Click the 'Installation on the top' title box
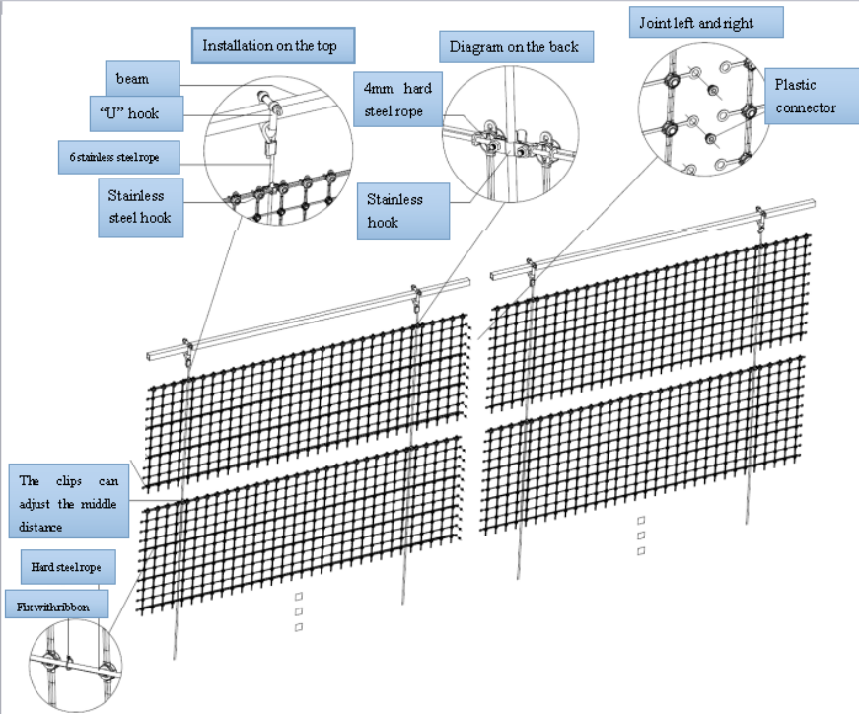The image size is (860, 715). tap(271, 46)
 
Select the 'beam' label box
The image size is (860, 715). tap(141, 76)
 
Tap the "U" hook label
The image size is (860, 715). tap(142, 113)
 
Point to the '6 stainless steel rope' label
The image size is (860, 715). tap(121, 157)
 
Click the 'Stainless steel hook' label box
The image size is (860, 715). tap(141, 206)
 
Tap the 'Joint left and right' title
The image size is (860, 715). tap(706, 22)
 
